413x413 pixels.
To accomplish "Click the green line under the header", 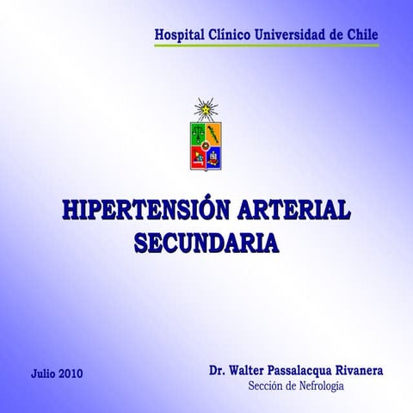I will (x=266, y=46).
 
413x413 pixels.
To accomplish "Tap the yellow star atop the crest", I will (x=206, y=108).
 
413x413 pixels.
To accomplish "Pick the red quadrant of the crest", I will (x=198, y=157).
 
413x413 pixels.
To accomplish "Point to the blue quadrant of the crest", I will (x=213, y=157).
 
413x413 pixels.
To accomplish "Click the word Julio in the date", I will (x=44, y=374).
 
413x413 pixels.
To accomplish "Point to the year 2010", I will (x=72, y=374).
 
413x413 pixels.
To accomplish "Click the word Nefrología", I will (x=318, y=387).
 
